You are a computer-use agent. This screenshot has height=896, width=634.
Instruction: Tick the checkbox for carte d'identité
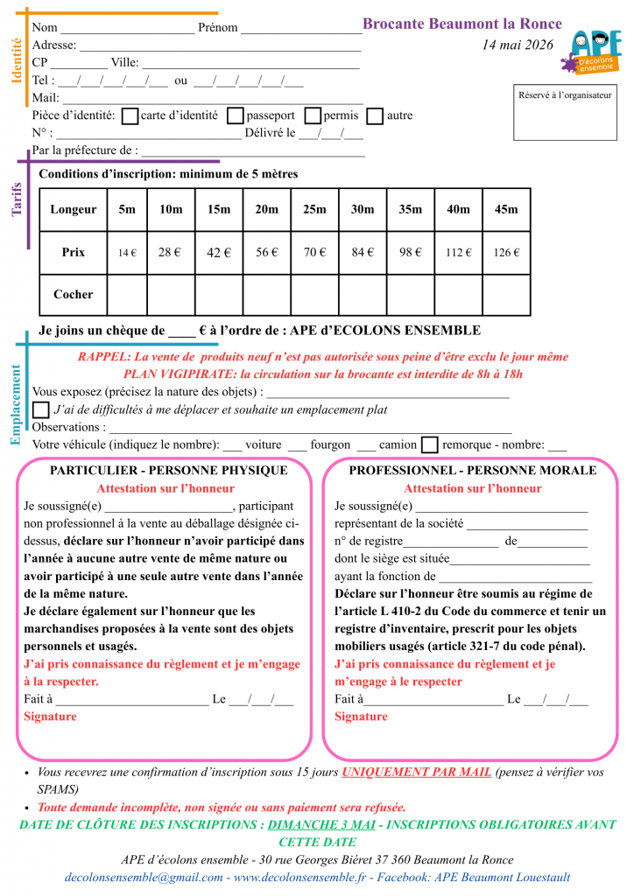click(x=130, y=115)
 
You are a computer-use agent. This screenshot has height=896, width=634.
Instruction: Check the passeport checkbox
click(x=235, y=115)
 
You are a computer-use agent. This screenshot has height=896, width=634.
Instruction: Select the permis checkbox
click(x=313, y=115)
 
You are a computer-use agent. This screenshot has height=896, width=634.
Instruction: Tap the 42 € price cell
click(x=218, y=252)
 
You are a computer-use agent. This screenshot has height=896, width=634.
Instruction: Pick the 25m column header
click(x=314, y=209)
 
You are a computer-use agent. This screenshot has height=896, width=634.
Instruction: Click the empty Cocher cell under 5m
click(x=127, y=295)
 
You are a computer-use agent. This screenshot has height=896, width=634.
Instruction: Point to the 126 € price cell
click(x=506, y=252)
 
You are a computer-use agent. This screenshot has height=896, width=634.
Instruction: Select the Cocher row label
click(x=74, y=295)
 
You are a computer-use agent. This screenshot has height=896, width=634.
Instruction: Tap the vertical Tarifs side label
click(x=16, y=199)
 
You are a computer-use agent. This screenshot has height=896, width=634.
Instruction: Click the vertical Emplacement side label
click(x=16, y=405)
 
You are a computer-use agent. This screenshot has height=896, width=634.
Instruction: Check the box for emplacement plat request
click(x=41, y=409)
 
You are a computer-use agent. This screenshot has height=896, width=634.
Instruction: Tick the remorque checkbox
click(x=429, y=444)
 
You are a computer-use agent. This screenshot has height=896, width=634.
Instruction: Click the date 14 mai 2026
click(x=518, y=45)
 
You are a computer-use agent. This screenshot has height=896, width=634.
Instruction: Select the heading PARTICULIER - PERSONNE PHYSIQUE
click(x=168, y=471)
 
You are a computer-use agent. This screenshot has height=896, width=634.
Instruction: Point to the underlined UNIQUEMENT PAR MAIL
click(x=416, y=773)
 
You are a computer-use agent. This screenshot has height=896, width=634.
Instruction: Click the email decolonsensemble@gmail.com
click(x=143, y=877)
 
